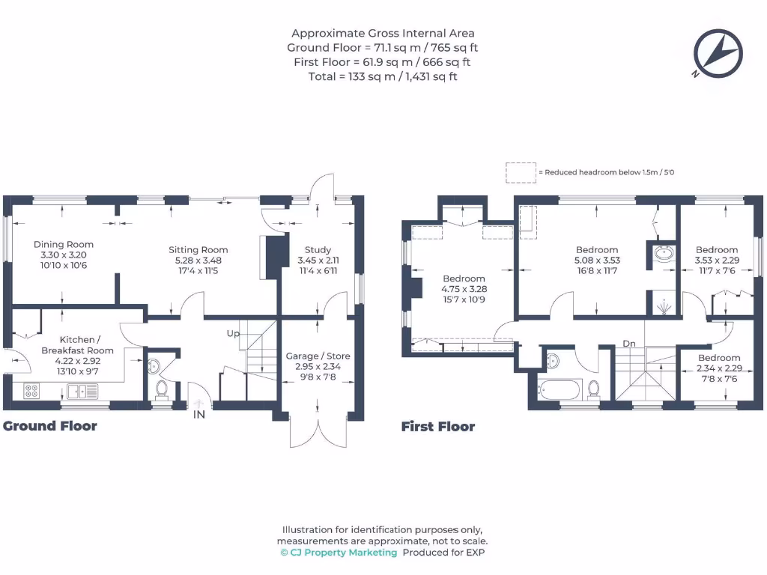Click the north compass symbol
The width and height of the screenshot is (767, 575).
coord(718,54)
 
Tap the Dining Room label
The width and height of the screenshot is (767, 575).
coord(64,245)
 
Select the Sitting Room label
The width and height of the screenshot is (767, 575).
coord(198,250)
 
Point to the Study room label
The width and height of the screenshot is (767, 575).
coord(318,250)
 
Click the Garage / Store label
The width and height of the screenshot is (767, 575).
coord(318,356)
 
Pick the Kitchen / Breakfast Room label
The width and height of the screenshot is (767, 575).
coord(77,344)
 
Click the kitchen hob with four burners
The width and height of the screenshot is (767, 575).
coord(31,391)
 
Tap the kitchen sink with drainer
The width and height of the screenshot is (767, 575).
coord(83,391)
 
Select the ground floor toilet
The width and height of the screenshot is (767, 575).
coord(162,389)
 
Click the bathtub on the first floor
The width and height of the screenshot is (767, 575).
coord(559,389)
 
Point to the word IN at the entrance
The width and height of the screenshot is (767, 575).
coord(199,415)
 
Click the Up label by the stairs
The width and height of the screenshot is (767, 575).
coord(233,333)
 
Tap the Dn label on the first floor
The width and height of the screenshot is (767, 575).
coord(629,344)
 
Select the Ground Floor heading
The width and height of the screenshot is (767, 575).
coord(50,426)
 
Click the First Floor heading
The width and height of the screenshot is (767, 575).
coord(438,426)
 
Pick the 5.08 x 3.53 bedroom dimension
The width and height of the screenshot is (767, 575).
coord(597,260)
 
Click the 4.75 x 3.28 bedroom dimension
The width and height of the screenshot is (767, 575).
coord(464,289)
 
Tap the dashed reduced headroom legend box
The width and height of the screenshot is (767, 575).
coord(521,173)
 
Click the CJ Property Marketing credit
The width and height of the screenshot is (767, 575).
coord(339,553)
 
